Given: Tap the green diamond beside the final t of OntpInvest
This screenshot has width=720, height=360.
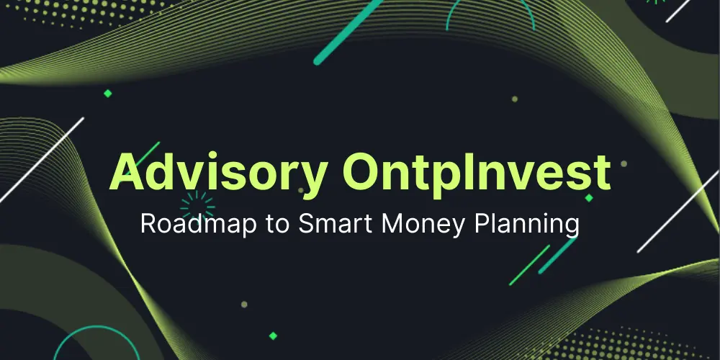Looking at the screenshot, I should pos(589,197).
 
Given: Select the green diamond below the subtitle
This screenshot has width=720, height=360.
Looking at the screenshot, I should pos(272,335).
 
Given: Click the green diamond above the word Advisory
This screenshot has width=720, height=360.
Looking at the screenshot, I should pos(108,93).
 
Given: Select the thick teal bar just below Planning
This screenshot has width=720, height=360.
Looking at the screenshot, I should pos(557,256).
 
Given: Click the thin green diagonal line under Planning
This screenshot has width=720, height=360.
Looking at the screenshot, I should pos(529,266).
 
